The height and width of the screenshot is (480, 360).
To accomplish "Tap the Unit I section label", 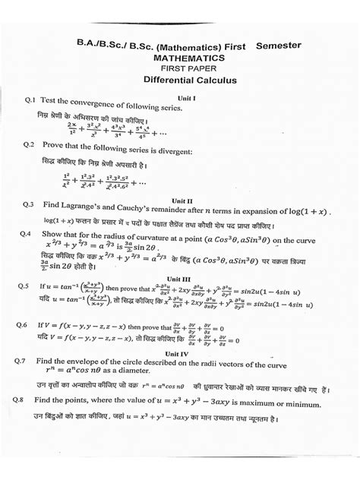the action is click(x=186, y=98).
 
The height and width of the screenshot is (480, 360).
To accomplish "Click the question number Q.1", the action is click(x=31, y=99).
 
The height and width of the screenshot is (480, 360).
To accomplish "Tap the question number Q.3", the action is click(x=30, y=204).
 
